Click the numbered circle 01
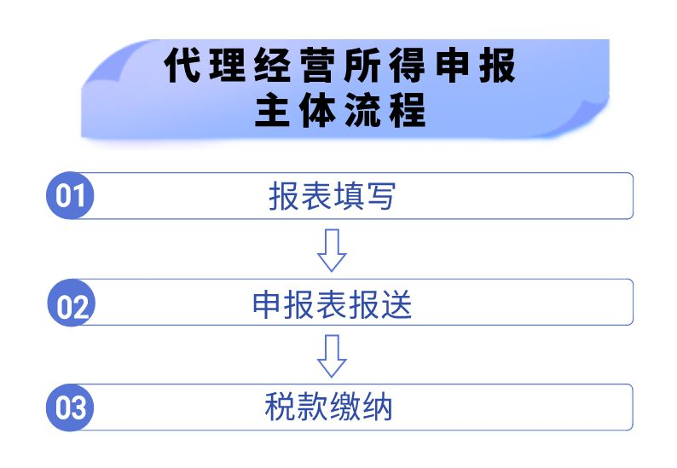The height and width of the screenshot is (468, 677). [70, 195]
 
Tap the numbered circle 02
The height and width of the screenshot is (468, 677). [71, 303]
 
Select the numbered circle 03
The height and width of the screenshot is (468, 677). [70, 407]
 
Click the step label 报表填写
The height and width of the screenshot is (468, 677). [332, 196]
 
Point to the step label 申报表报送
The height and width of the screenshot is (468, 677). [332, 304]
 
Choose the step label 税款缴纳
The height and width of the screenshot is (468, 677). [328, 407]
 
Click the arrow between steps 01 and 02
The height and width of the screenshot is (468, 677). [332, 251]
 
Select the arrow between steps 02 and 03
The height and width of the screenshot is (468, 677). [332, 356]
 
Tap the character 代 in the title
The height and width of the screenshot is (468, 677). [182, 65]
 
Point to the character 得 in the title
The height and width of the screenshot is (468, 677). [408, 65]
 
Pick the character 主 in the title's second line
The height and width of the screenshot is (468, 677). [273, 110]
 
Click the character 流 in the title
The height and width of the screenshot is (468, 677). [362, 110]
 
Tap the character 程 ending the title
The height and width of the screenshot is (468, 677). [408, 110]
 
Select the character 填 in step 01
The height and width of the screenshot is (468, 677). [348, 196]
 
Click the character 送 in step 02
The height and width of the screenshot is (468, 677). [396, 304]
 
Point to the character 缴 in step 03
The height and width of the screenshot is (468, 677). [345, 407]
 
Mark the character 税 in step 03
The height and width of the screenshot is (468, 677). [281, 407]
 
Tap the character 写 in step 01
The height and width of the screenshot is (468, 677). [380, 196]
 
